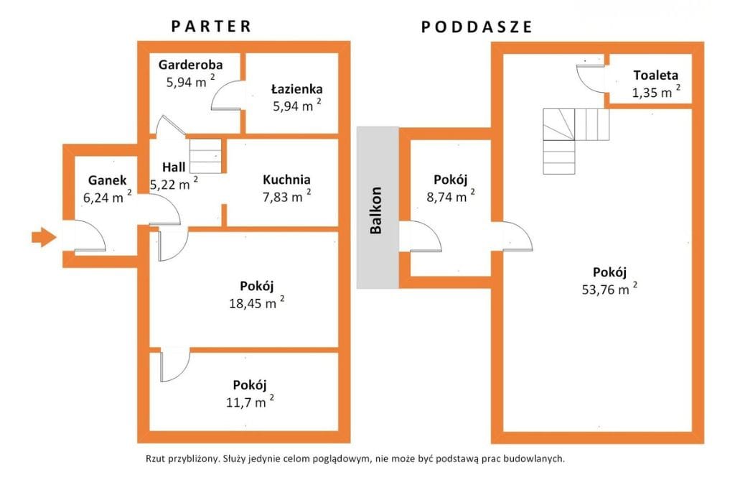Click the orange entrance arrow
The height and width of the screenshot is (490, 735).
click(44, 237)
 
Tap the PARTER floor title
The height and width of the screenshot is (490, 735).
click(212, 27)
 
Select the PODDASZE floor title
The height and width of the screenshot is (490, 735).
click(477, 27)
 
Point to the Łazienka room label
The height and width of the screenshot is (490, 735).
click(296, 90)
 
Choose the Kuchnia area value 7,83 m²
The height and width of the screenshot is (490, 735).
click(286, 197)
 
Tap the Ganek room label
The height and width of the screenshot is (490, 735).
click(107, 180)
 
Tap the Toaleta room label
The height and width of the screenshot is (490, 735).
click(655, 75)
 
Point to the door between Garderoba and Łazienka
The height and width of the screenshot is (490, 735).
click(228, 96)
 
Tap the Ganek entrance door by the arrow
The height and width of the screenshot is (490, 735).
click(90, 237)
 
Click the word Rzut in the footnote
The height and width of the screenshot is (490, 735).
click(157, 458)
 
